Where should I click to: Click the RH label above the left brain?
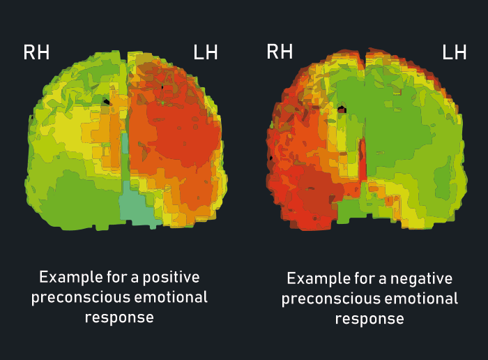click(x=36, y=52)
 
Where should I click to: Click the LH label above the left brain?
click(x=205, y=52)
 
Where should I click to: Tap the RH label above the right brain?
click(x=280, y=52)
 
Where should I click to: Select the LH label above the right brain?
click(x=455, y=52)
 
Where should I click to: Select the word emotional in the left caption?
click(x=177, y=297)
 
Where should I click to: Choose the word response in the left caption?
click(x=119, y=317)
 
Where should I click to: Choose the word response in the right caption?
click(x=369, y=320)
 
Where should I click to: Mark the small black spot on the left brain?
click(x=106, y=102)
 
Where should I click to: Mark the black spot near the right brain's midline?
click(x=342, y=110)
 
